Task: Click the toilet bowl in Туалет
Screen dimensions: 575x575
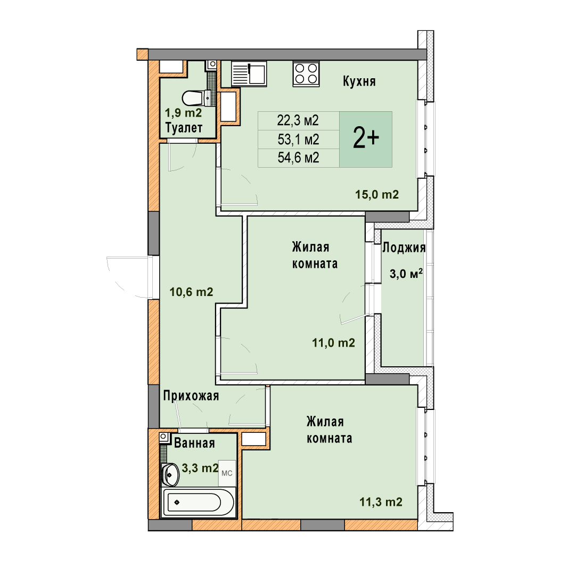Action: point(193,98)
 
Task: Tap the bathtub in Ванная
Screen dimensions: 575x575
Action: point(199,502)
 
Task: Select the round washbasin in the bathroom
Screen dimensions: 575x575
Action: point(170,474)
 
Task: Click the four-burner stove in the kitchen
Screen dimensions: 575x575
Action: point(306,73)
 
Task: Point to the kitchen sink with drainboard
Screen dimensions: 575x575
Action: point(249,73)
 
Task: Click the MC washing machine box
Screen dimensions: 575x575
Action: point(227,473)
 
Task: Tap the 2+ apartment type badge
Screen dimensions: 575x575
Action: point(366,139)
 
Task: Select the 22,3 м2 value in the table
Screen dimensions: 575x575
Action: point(298,120)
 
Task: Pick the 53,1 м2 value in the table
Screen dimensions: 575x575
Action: point(298,139)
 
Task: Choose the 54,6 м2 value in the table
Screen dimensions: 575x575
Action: point(298,158)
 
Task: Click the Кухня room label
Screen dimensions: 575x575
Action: point(359,81)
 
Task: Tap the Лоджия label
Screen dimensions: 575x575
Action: point(404,248)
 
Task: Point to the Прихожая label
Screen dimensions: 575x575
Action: point(191,396)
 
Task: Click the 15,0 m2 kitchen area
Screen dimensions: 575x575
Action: point(376,194)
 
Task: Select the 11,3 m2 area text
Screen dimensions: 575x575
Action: point(381,502)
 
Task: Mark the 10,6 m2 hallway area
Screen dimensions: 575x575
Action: point(191,292)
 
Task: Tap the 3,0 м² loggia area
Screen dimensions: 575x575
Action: point(406,274)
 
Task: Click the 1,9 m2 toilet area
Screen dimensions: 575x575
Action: point(183,112)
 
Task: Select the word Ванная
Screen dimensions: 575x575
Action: point(194,443)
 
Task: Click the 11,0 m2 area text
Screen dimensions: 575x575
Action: point(333,342)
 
